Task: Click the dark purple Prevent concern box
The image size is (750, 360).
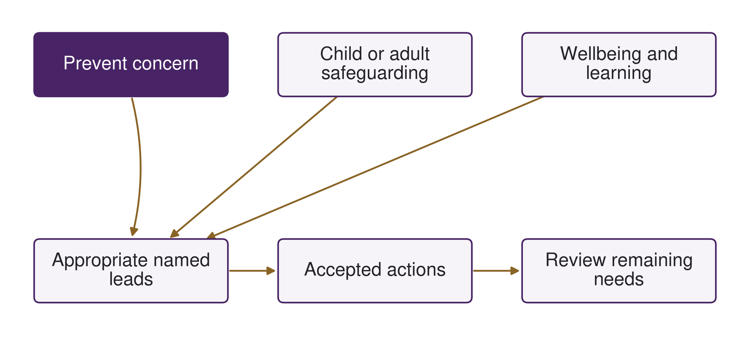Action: click(x=131, y=65)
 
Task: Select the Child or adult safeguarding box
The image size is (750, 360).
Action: click(x=375, y=65)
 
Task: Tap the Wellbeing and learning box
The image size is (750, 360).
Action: click(x=619, y=65)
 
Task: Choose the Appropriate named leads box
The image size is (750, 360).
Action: click(x=131, y=271)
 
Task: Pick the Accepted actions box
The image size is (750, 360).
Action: click(x=375, y=271)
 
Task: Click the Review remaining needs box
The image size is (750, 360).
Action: click(x=619, y=271)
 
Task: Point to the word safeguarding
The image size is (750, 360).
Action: click(x=375, y=73)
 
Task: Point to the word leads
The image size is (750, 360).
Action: click(x=131, y=279)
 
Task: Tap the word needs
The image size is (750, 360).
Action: click(x=619, y=279)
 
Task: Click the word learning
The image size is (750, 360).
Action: click(x=619, y=73)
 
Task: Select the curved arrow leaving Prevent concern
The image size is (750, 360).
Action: click(x=140, y=167)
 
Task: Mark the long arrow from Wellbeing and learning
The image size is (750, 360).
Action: click(x=375, y=167)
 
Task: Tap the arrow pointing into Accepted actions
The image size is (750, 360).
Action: click(x=252, y=271)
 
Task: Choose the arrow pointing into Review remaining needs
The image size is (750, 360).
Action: click(x=496, y=271)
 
